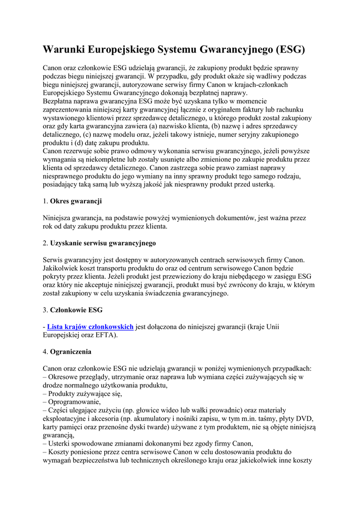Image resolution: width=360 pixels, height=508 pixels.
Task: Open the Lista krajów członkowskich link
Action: click(x=90, y=326)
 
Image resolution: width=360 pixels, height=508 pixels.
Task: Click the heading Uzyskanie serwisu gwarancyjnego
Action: click(x=103, y=243)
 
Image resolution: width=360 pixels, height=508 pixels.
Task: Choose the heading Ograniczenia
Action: click(x=71, y=352)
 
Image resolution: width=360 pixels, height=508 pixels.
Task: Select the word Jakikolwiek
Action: click(x=63, y=268)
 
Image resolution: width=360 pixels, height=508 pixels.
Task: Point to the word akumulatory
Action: click(x=215, y=419)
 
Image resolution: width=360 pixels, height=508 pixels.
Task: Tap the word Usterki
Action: click(x=61, y=444)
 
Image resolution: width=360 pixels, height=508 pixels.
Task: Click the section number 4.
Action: click(x=45, y=352)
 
